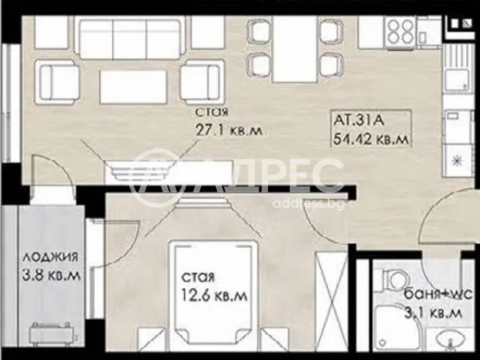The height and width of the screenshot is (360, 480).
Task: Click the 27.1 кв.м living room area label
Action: (229, 131)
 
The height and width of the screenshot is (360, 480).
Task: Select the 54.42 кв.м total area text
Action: (371, 139)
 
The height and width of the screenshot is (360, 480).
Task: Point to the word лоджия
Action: (50, 258)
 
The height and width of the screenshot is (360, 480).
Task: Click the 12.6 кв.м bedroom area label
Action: (214, 296)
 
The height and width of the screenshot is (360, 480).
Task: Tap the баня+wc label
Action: (438, 294)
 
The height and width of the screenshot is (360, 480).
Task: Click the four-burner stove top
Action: (401, 32)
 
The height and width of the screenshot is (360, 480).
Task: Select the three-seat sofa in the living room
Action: (130, 38)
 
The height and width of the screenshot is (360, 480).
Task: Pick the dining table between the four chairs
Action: (294, 49)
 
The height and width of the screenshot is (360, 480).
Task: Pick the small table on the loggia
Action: (51, 334)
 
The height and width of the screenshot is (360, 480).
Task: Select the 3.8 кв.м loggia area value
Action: (51, 275)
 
